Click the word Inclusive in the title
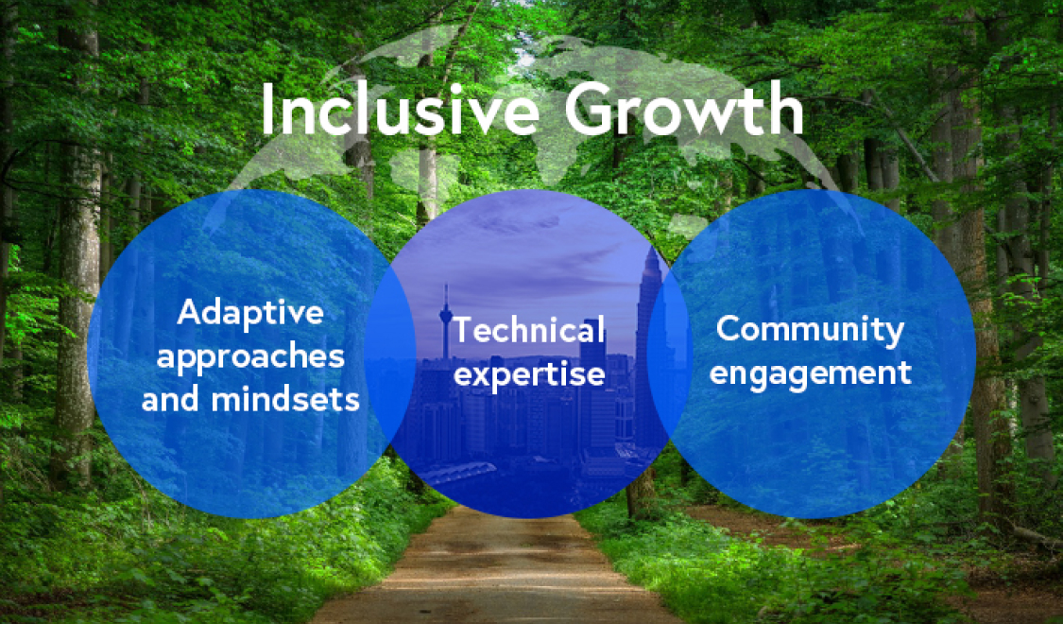point(400,110)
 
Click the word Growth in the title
point(684,110)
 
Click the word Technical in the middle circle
point(529,330)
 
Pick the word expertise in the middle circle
point(529,374)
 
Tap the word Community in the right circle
point(810,330)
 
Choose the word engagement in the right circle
point(810,373)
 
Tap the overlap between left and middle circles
point(391,354)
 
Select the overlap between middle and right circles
point(669,354)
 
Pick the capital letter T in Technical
point(464,330)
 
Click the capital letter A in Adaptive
point(191,312)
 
